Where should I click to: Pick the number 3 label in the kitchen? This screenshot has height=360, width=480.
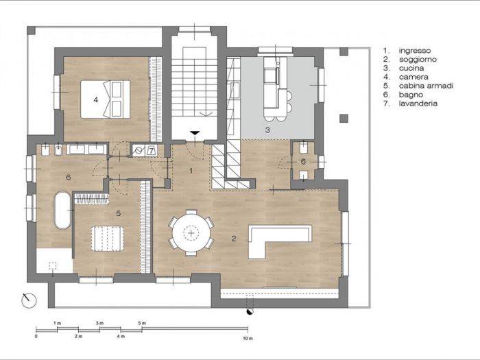coord(268,129)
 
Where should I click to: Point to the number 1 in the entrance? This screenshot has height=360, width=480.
coord(192,169)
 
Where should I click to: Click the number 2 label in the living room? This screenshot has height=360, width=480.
coord(234,239)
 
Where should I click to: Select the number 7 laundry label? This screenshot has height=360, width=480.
coord(152,150)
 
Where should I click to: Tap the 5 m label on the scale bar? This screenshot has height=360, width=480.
coord(142,323)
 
